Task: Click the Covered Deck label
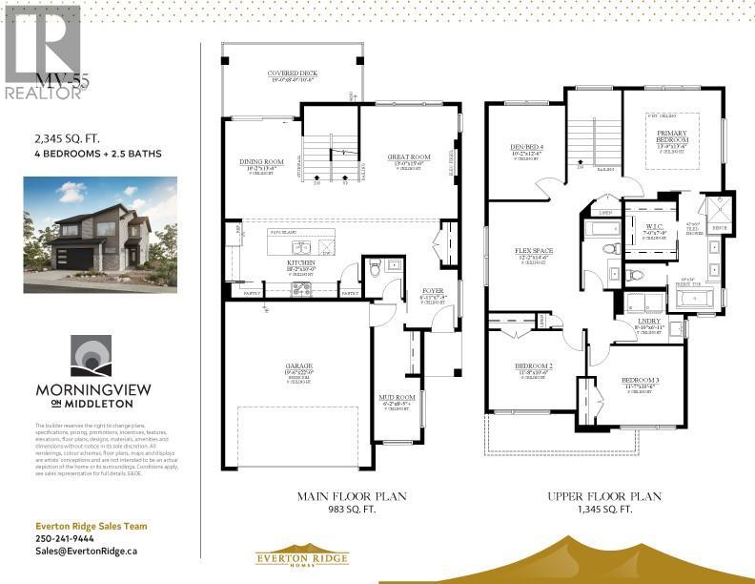(x=293, y=73)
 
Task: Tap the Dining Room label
(x=262, y=162)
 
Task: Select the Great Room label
(x=409, y=156)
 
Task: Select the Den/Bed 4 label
(x=525, y=147)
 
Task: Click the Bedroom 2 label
(x=533, y=365)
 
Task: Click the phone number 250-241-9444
(x=65, y=537)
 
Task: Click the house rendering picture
(x=87, y=231)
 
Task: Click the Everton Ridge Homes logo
(x=301, y=558)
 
